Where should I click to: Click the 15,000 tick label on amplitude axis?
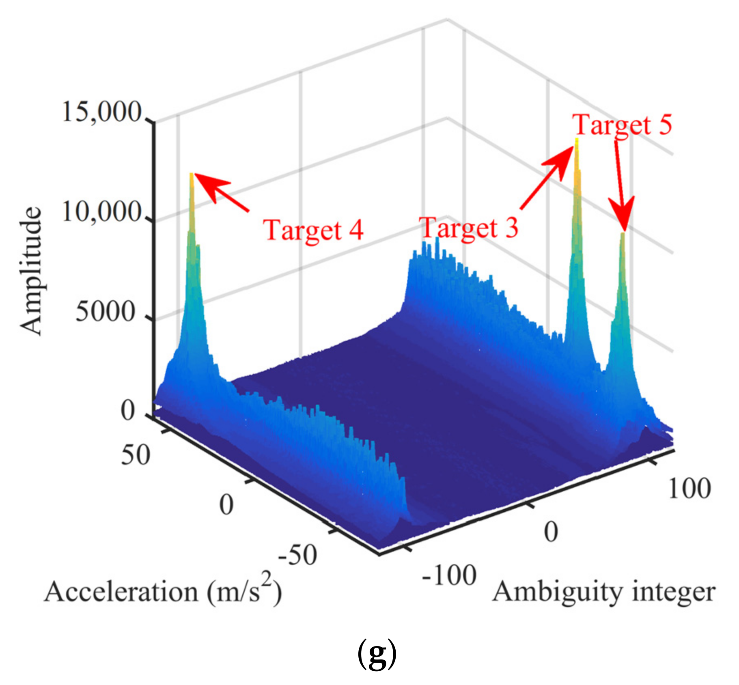tap(101, 112)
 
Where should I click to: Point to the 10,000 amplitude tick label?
tap(101, 212)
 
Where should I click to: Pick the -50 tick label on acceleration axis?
tap(297, 555)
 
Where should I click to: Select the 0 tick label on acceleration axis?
tap(226, 505)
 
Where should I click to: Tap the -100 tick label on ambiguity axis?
tap(449, 575)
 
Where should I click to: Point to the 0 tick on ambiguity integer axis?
tap(551, 532)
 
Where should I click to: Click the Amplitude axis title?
tap(31, 271)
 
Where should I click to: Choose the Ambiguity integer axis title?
tap(603, 592)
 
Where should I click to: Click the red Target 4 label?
tap(313, 230)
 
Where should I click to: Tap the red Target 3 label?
tap(469, 228)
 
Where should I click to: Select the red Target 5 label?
tap(622, 125)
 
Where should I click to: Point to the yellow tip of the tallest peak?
tap(576, 140)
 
